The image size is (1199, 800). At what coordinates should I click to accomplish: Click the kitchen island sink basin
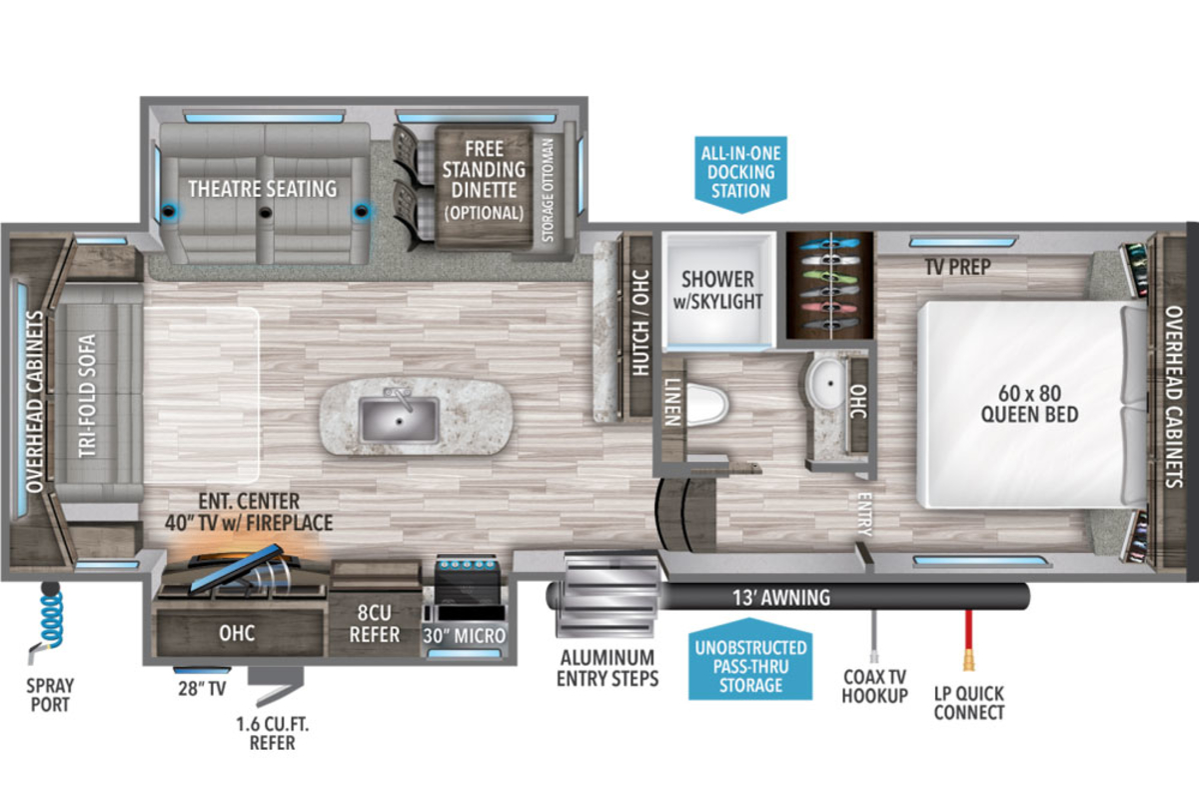point(400,420)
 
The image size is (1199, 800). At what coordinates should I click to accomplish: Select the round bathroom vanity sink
point(828,383)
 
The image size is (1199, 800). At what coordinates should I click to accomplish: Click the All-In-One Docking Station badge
point(740,173)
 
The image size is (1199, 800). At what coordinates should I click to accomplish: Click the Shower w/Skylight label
point(717,290)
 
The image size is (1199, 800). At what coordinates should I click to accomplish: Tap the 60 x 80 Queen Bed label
point(1029,403)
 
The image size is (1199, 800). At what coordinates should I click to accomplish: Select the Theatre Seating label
point(262,189)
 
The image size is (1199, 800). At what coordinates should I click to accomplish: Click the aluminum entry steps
point(608,595)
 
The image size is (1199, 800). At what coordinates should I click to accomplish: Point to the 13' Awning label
point(781,597)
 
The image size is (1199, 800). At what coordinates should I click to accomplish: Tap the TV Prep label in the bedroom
point(957,266)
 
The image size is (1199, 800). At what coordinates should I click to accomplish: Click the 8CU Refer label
point(374,623)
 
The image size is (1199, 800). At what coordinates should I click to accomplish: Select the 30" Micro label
point(464,635)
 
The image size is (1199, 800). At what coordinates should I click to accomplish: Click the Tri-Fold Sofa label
point(87,396)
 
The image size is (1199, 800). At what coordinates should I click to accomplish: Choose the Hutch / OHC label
point(640,322)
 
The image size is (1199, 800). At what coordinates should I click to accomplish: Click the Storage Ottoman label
point(548,190)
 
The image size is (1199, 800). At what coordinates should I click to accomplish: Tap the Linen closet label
point(672,402)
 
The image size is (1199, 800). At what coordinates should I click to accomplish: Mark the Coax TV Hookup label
point(874,686)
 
